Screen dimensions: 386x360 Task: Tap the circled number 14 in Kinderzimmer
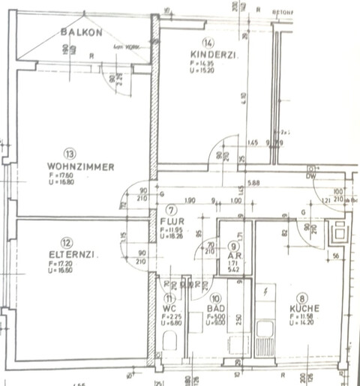tap(207, 42)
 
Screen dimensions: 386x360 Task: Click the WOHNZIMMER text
tap(81, 167)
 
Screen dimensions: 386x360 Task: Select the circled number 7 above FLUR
tap(171, 210)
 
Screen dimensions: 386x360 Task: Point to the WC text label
tap(170, 308)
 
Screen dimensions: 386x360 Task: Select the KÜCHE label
tap(307, 308)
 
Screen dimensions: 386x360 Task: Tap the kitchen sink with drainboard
tap(264, 337)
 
